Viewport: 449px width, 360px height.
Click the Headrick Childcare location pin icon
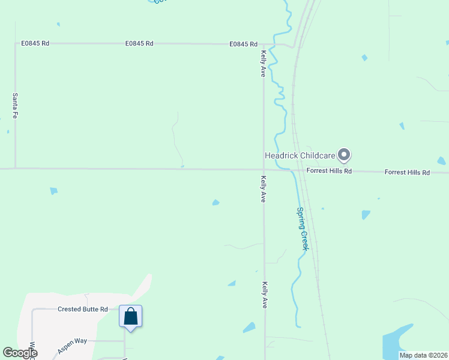pos(344,155)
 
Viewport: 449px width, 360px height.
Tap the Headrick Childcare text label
pos(300,156)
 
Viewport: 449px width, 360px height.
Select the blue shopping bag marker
pos(131,316)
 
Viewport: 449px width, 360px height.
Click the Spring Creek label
pos(303,229)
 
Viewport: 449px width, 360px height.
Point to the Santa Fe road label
pos(15,105)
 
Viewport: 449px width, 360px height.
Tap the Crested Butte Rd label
pos(82,310)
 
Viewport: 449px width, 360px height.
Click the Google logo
pos(20,353)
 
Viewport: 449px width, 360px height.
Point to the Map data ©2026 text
pos(423,355)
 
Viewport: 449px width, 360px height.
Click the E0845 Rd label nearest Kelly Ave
pos(243,44)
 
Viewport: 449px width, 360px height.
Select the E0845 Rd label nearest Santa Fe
pos(35,44)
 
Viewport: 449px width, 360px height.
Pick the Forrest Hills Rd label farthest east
pos(407,172)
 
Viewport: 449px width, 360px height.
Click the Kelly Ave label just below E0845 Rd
pos(263,64)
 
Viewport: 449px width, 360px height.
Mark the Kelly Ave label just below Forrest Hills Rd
pos(263,189)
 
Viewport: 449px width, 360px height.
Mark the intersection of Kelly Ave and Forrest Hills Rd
pos(264,169)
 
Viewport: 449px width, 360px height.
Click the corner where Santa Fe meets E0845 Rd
pos(15,44)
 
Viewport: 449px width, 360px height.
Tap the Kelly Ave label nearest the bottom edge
pos(264,295)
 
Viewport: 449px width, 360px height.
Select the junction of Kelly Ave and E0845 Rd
pos(264,44)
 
